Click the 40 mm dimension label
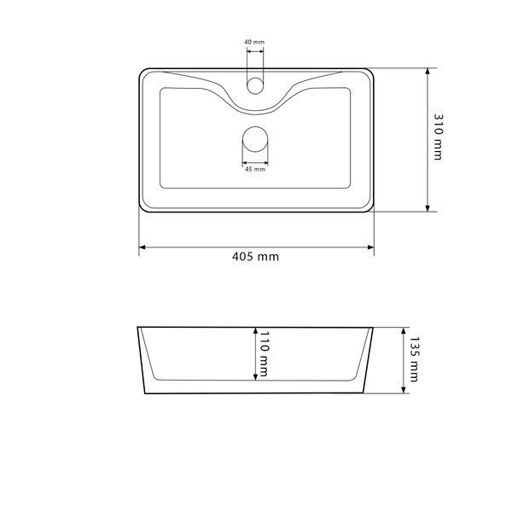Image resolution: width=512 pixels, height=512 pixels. point(254,42)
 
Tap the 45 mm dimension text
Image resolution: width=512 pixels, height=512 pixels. point(255,169)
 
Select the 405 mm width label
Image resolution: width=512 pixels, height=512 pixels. point(255,256)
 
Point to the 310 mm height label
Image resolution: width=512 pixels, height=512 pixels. point(438,137)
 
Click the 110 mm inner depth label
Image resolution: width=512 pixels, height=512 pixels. point(264,353)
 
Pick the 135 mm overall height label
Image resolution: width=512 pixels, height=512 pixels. point(414,359)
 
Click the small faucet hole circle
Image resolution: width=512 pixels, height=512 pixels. point(255,85)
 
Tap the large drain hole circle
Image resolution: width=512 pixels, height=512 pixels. point(255,139)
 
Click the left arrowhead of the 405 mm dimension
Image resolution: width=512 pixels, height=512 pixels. point(142,247)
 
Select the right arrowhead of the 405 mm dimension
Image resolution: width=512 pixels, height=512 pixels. point(371,247)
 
